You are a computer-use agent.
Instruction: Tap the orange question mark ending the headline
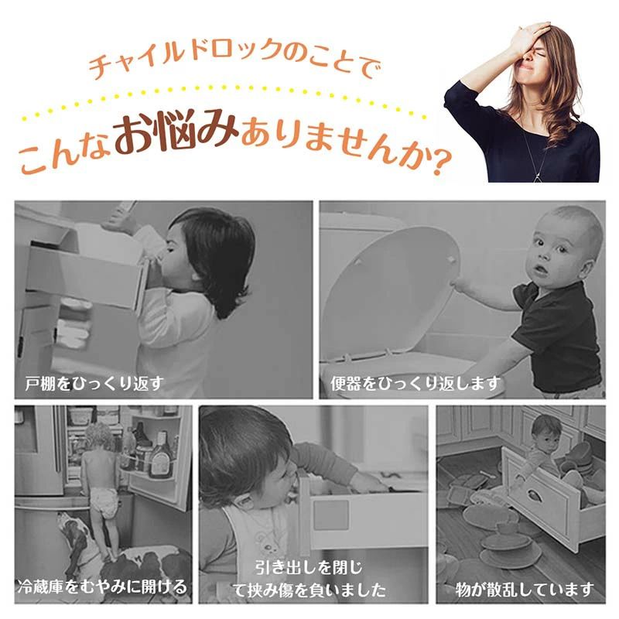(x=441, y=162)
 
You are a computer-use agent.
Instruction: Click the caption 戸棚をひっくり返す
(x=94, y=383)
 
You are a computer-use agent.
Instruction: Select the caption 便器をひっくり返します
(x=416, y=383)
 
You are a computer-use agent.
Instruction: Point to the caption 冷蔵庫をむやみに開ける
(x=102, y=587)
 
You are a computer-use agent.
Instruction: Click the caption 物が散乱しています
(x=525, y=590)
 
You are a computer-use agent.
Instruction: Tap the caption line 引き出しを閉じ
(x=309, y=568)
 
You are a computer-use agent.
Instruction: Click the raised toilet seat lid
(x=391, y=293)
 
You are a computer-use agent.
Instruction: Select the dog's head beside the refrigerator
(x=73, y=531)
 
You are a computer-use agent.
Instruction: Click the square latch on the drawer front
(x=331, y=515)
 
